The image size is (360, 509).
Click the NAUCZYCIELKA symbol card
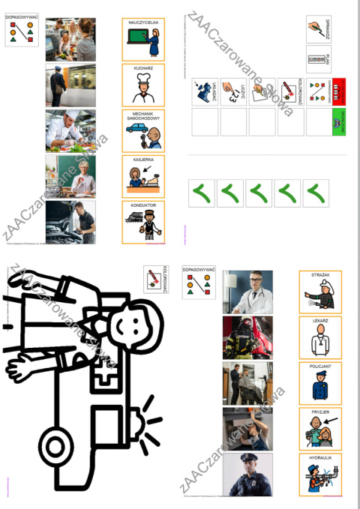pos(142,40)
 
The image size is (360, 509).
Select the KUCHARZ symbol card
pos(142,85)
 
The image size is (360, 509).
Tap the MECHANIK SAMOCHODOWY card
pos(142,131)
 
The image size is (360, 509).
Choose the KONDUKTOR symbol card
pos(142,222)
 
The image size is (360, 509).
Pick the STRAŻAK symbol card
pos(319,292)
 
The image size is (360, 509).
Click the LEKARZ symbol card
pos(319,337)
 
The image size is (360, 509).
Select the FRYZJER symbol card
pos(319,429)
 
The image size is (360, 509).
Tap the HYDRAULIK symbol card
pos(319,474)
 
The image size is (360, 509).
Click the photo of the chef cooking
pos(70,130)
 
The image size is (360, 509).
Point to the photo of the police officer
pos(247,475)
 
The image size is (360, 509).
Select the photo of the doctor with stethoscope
pos(247,292)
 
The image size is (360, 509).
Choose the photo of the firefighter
pos(247,337)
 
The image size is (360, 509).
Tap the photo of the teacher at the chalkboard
pos(70,176)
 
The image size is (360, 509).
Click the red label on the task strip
pos(338,92)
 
